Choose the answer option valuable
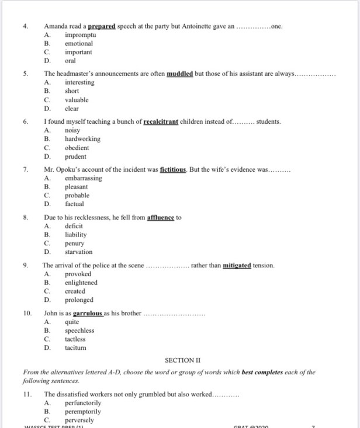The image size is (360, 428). tap(77, 100)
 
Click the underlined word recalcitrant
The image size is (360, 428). tap(166, 121)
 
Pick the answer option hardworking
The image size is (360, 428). tap(82, 139)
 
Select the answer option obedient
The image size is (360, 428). tap(77, 148)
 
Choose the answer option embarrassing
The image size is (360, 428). tap(84, 178)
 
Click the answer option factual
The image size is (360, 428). tap(74, 204)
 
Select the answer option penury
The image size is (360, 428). tap(74, 243)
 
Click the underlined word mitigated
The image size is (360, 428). tap(237, 265)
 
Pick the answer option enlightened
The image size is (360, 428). tap(81, 283)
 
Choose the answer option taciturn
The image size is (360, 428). tap(75, 348)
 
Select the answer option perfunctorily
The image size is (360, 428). tap(83, 403)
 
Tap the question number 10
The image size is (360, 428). tap(27, 313)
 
